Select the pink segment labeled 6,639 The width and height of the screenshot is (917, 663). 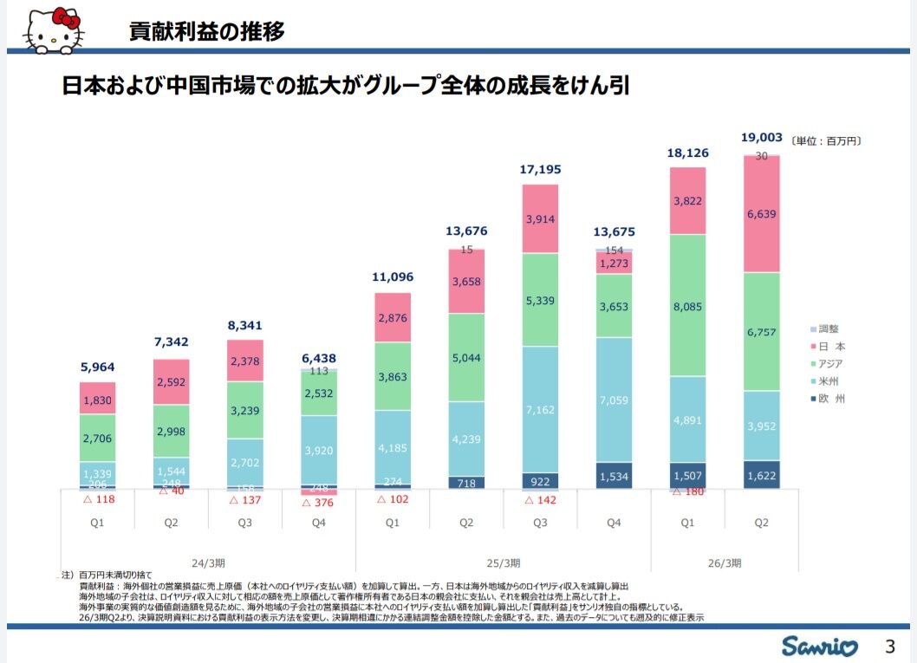(761, 214)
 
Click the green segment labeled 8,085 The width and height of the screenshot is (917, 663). (687, 305)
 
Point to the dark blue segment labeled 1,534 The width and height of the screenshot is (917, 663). (614, 475)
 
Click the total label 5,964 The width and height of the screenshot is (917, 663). (97, 367)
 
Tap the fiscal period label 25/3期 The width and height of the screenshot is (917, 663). (503, 562)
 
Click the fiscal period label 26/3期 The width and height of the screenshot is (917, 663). (725, 562)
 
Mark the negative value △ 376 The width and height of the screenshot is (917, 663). (318, 502)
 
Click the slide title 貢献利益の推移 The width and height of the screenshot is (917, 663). (206, 32)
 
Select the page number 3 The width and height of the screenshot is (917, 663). (889, 646)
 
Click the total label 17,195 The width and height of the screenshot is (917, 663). (540, 170)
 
